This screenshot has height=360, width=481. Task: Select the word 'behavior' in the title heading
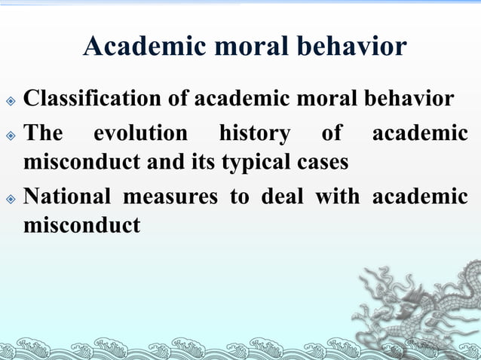coord(357,46)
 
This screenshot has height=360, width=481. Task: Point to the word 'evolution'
coord(140,134)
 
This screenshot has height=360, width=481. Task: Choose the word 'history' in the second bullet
coord(254,134)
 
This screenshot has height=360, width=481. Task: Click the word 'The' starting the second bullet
coord(44,134)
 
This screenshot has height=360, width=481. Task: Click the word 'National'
coord(63,197)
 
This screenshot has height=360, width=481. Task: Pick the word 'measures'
coord(159,197)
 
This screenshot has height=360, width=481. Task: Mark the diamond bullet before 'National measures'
coord(10,198)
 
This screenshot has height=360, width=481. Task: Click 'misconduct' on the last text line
coord(81,224)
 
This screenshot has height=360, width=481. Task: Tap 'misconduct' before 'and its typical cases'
coord(81,161)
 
